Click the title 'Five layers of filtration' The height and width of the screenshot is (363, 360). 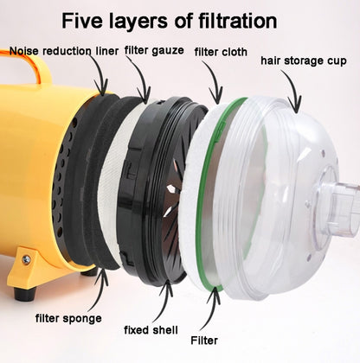[170, 21]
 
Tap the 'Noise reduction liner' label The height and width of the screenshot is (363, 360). [64, 51]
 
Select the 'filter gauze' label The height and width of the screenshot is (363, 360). [154, 51]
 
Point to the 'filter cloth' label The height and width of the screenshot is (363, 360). [221, 52]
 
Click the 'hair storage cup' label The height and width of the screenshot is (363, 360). [304, 60]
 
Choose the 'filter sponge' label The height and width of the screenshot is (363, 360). [68, 319]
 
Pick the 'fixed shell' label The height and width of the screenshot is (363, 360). [151, 330]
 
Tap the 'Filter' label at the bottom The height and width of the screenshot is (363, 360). [204, 341]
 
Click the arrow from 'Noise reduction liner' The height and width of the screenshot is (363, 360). [100, 73]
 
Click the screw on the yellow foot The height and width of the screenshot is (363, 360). [26, 259]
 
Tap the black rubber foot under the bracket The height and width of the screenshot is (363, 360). [25, 293]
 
